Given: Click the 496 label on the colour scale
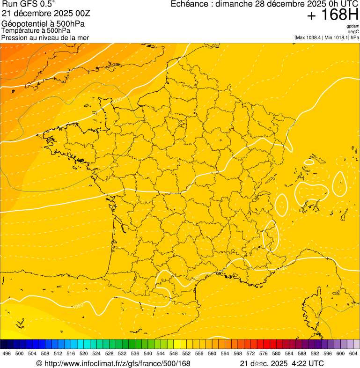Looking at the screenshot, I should [x=7, y=353].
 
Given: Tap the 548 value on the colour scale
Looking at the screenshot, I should [x=173, y=353].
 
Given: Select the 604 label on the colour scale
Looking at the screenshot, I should [x=353, y=353].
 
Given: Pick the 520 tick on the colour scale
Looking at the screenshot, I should [x=83, y=353].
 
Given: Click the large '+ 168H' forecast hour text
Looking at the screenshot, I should [x=332, y=15].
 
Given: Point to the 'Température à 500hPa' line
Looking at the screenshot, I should [x=36, y=30].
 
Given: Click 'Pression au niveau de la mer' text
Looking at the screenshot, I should [x=45, y=37].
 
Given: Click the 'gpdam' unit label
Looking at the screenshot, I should [x=353, y=26].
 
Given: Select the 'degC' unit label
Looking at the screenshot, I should [x=353, y=32].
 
